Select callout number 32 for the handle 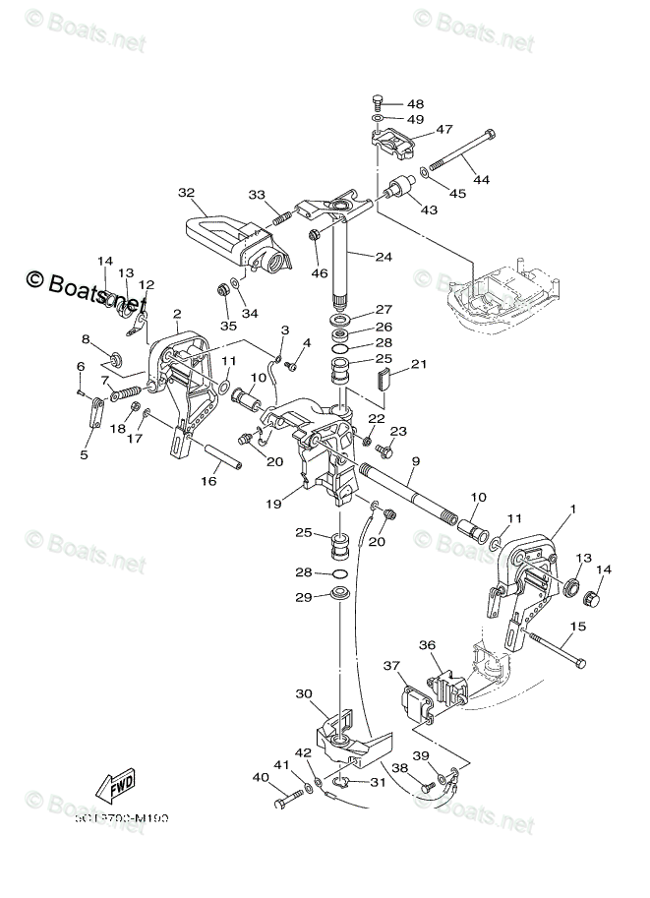[187, 192]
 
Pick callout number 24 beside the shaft [382, 258]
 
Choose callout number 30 [304, 692]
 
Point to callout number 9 [415, 460]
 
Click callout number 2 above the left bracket [176, 315]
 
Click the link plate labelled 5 [94, 416]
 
